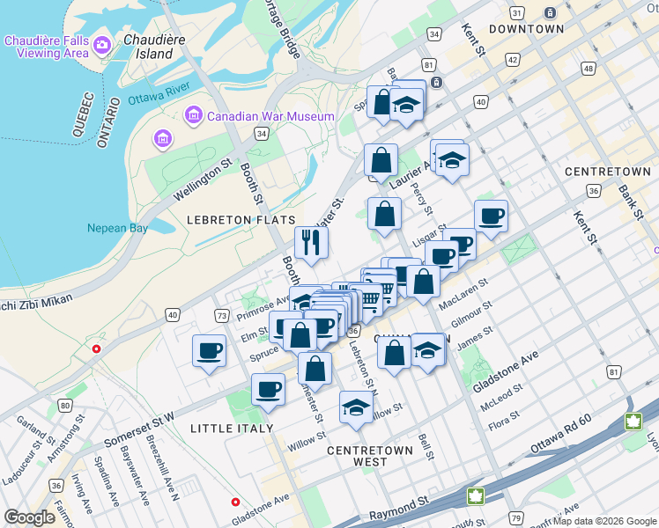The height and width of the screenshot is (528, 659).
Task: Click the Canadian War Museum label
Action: tap(270, 116)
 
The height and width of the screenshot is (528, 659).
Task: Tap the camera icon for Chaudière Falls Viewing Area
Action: tap(101, 44)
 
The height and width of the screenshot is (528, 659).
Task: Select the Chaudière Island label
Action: tap(148, 47)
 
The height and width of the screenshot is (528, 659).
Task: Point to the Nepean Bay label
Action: tap(117, 229)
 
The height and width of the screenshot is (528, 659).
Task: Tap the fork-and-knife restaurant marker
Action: tap(310, 242)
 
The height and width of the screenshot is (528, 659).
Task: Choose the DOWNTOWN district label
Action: tap(526, 29)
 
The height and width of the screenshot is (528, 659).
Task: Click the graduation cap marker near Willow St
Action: tap(356, 407)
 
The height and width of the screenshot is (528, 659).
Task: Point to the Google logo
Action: tap(30, 517)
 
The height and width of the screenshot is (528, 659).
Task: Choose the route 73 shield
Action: tap(221, 315)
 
